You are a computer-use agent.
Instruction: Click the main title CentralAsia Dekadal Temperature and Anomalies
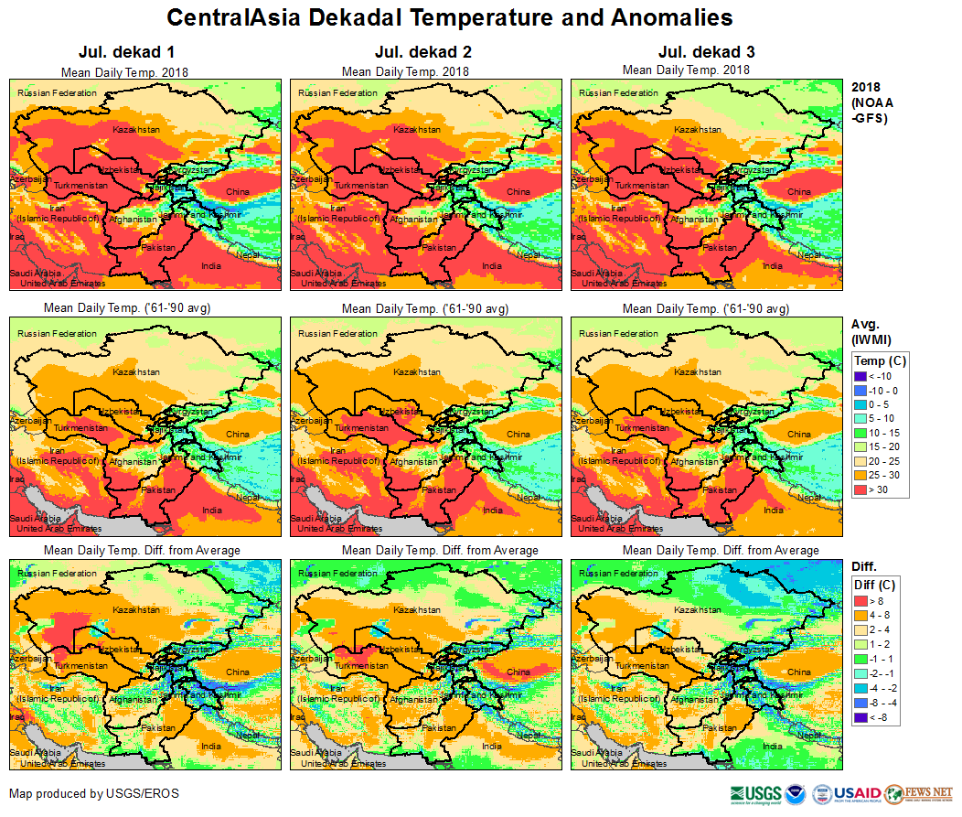pyautogui.click(x=450, y=18)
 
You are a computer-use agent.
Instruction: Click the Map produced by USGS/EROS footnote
pyautogui.click(x=94, y=793)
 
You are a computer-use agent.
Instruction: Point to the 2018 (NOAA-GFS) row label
pyautogui.click(x=871, y=102)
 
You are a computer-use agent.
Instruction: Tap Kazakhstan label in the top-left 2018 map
pyautogui.click(x=136, y=130)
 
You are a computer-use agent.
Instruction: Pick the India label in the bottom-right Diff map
pyautogui.click(x=773, y=746)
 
